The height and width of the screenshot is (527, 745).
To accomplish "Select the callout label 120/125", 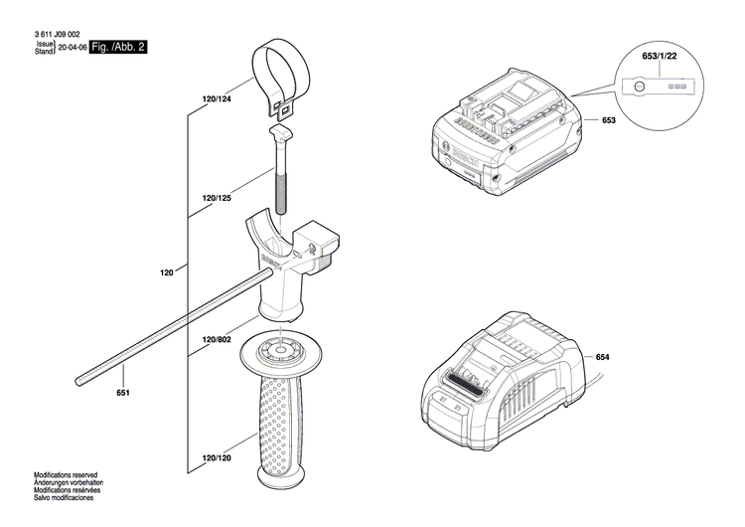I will point(217,199).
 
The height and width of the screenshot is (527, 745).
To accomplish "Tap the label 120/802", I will point(217,339).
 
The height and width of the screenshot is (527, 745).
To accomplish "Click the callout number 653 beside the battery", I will point(609,120).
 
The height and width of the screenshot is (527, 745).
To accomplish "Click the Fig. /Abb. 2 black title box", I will point(117,47).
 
